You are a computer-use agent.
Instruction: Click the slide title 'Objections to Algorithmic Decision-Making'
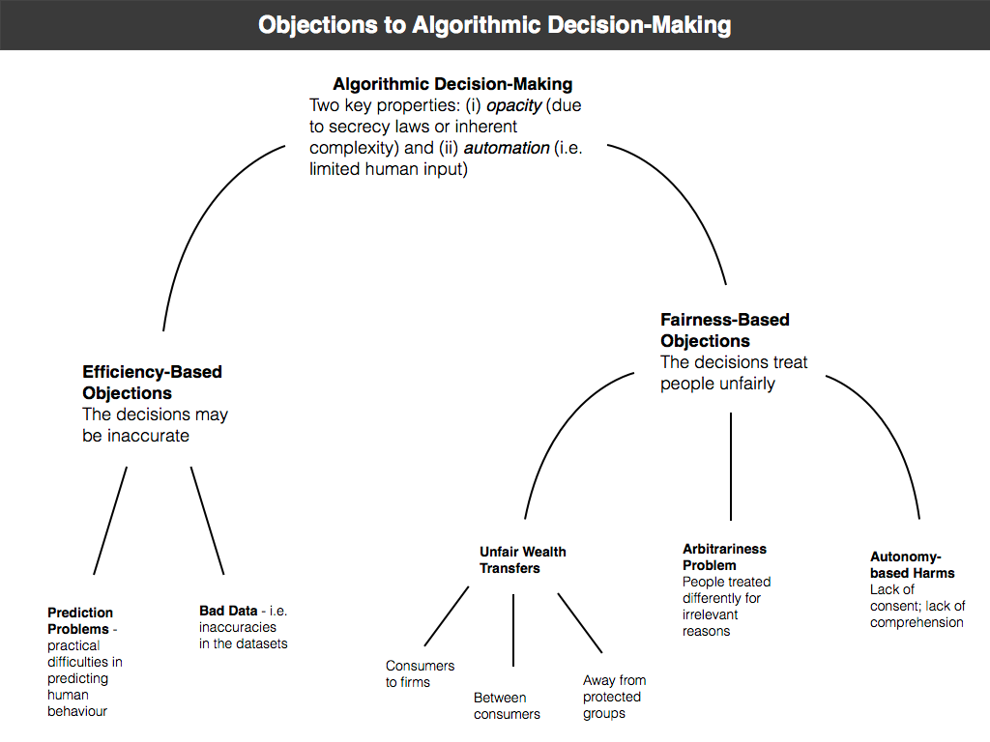pos(494,24)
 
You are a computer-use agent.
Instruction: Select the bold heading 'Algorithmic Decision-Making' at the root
pos(452,84)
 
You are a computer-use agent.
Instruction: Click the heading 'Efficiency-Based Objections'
pos(152,383)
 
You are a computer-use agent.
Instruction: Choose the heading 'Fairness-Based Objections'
pos(724,330)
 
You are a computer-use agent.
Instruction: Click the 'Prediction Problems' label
pos(80,620)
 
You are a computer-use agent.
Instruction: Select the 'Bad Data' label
pos(228,611)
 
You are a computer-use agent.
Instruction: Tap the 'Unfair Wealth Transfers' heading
pos(522,560)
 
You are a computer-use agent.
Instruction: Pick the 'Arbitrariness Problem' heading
pos(724,556)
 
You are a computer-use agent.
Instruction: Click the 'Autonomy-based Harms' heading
pos(912,564)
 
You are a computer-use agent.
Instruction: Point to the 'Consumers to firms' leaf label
pos(420,673)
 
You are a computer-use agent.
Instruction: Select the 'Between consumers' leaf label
pos(507,705)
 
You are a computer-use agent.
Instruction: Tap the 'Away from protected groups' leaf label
pos(614,697)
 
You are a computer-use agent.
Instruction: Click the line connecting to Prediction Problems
pos(110,521)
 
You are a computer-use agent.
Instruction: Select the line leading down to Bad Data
pos(207,521)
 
